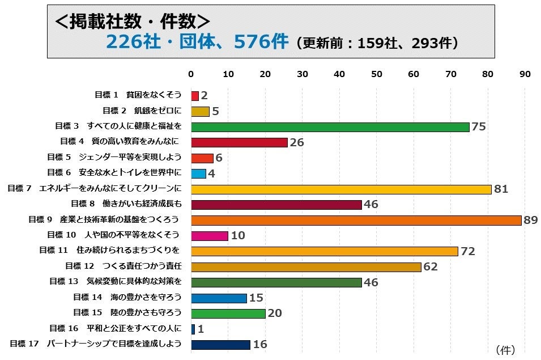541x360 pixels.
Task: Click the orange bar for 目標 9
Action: click(356, 220)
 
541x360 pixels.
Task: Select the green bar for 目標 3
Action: click(330, 127)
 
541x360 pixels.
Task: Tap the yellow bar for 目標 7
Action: click(341, 189)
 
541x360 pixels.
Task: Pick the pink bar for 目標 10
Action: click(210, 236)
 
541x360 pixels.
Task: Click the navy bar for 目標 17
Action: click(220, 345)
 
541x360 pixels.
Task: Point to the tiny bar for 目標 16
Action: click(193, 329)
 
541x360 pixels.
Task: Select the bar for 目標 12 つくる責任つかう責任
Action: click(306, 267)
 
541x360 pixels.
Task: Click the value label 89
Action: click(530, 220)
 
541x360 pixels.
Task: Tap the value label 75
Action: click(479, 127)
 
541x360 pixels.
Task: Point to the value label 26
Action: click(297, 143)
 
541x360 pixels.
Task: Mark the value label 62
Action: click(431, 267)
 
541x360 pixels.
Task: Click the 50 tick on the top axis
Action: click(377, 74)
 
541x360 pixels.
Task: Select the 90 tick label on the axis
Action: click(525, 74)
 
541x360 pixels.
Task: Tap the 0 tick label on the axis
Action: click(191, 74)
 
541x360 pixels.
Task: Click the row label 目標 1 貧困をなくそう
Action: click(138, 95)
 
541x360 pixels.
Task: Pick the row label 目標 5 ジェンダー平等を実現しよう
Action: click(114, 157)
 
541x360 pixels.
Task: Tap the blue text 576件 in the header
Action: click(261, 42)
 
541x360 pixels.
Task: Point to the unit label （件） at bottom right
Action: click(505, 350)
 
